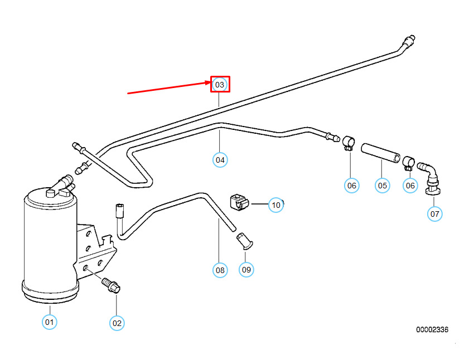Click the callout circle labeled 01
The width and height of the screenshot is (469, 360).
(x=49, y=322)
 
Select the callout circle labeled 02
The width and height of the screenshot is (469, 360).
(x=117, y=323)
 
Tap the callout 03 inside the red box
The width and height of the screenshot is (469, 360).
(x=220, y=85)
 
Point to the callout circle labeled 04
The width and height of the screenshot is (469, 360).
(x=220, y=160)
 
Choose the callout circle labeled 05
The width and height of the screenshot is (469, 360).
(x=383, y=186)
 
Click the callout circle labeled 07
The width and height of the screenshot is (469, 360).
(x=435, y=214)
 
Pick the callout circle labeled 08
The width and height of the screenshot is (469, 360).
(x=220, y=270)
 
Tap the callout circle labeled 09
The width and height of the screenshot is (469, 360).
(x=246, y=269)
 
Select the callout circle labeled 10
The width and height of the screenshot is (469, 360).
(x=276, y=205)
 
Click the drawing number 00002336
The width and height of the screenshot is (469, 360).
(x=432, y=329)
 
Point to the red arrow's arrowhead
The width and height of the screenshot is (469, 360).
(x=211, y=82)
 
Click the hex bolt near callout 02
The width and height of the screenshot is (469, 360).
(x=111, y=285)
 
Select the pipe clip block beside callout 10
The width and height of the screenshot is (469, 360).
(x=239, y=203)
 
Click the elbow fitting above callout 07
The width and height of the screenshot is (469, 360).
(x=430, y=178)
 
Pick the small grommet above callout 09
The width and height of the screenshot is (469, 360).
(x=244, y=241)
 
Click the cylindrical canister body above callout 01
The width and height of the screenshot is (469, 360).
(x=50, y=245)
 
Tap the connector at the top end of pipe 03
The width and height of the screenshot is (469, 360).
(x=409, y=41)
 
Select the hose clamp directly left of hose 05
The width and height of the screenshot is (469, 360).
(x=349, y=143)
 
